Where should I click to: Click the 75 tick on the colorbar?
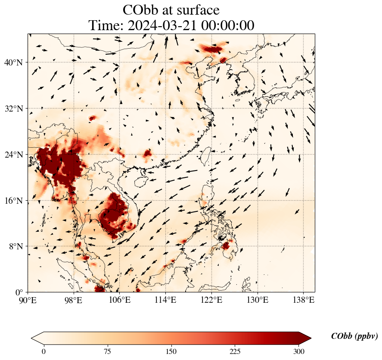pos(107,351)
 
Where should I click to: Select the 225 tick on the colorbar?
pos(235,351)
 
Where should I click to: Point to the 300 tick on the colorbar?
pos(299,351)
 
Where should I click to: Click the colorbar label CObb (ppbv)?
pos(354,337)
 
